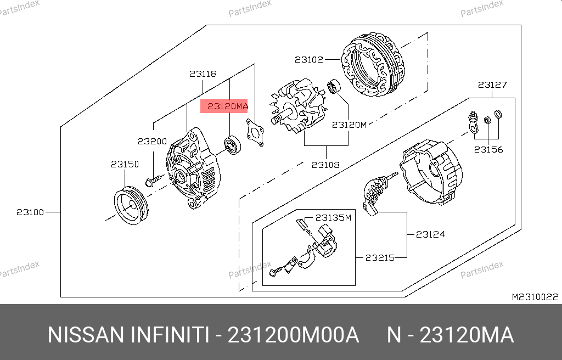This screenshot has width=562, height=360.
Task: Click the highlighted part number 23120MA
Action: (228, 106)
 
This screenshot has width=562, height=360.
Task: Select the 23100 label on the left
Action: (30, 212)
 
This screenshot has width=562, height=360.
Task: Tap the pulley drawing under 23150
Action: (131, 205)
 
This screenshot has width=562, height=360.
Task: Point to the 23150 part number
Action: (125, 164)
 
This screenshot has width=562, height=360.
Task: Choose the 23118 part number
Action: (203, 74)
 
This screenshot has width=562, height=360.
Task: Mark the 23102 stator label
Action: (309, 59)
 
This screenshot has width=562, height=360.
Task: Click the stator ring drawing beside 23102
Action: (373, 65)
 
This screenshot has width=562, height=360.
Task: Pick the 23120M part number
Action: (349, 125)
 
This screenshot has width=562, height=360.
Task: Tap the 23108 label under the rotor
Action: (325, 165)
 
